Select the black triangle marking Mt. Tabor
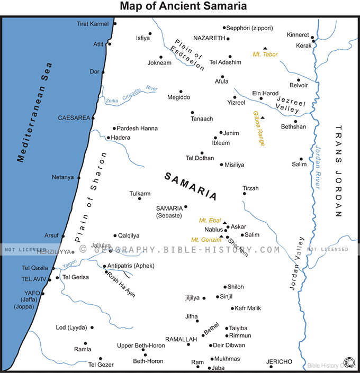tap(265, 48)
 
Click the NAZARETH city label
tap(210, 38)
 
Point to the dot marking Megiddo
tap(181, 91)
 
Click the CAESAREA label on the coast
tap(74, 118)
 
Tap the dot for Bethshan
tap(295, 121)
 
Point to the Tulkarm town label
tap(140, 194)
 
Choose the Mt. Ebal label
tap(210, 220)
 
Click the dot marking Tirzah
tap(244, 194)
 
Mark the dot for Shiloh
tap(225, 287)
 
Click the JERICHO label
tap(279, 362)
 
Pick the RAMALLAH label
tap(181, 339)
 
